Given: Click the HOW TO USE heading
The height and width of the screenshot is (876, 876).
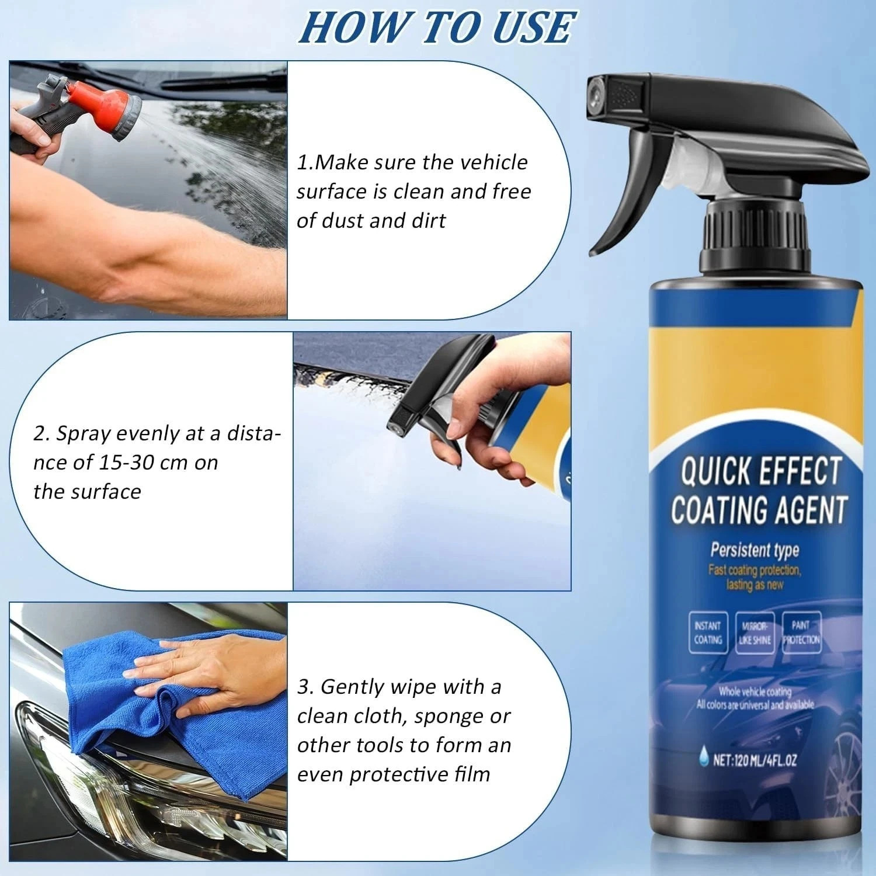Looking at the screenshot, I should pyautogui.click(x=437, y=27).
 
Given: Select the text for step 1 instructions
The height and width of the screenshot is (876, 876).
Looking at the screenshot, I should pyautogui.click(x=413, y=192).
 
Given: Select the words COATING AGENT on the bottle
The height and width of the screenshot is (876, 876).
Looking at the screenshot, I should pyautogui.click(x=759, y=510).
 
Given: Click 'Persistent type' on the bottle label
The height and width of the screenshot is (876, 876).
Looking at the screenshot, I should pyautogui.click(x=754, y=550).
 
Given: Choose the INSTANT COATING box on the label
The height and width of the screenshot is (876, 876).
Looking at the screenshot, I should pyautogui.click(x=708, y=632).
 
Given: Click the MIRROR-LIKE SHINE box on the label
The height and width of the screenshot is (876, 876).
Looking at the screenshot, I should pyautogui.click(x=755, y=632).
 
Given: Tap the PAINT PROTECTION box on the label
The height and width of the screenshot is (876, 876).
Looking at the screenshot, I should pyautogui.click(x=801, y=632).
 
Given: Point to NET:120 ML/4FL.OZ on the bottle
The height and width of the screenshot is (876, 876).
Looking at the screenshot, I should pyautogui.click(x=755, y=760).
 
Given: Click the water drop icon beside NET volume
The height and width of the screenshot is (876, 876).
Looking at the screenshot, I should pyautogui.click(x=704, y=760).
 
